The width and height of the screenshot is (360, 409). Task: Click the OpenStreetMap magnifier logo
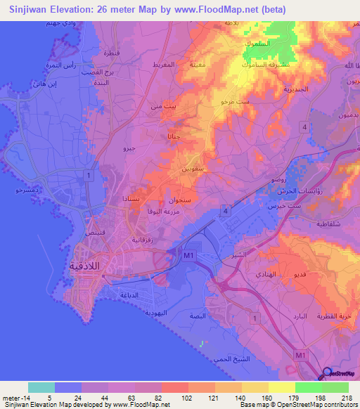326,374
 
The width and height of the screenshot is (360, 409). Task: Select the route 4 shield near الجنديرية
303,126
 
